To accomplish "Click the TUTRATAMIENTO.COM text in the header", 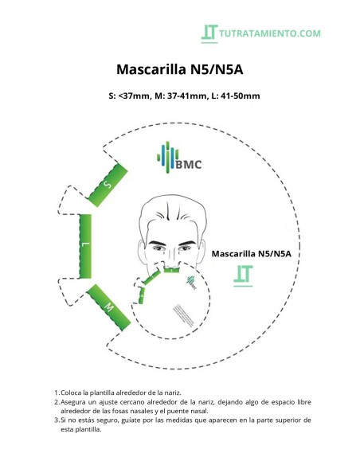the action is (271, 33).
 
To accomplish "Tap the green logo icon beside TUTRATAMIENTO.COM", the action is (209, 33).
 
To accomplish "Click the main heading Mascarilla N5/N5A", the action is (179, 69).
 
